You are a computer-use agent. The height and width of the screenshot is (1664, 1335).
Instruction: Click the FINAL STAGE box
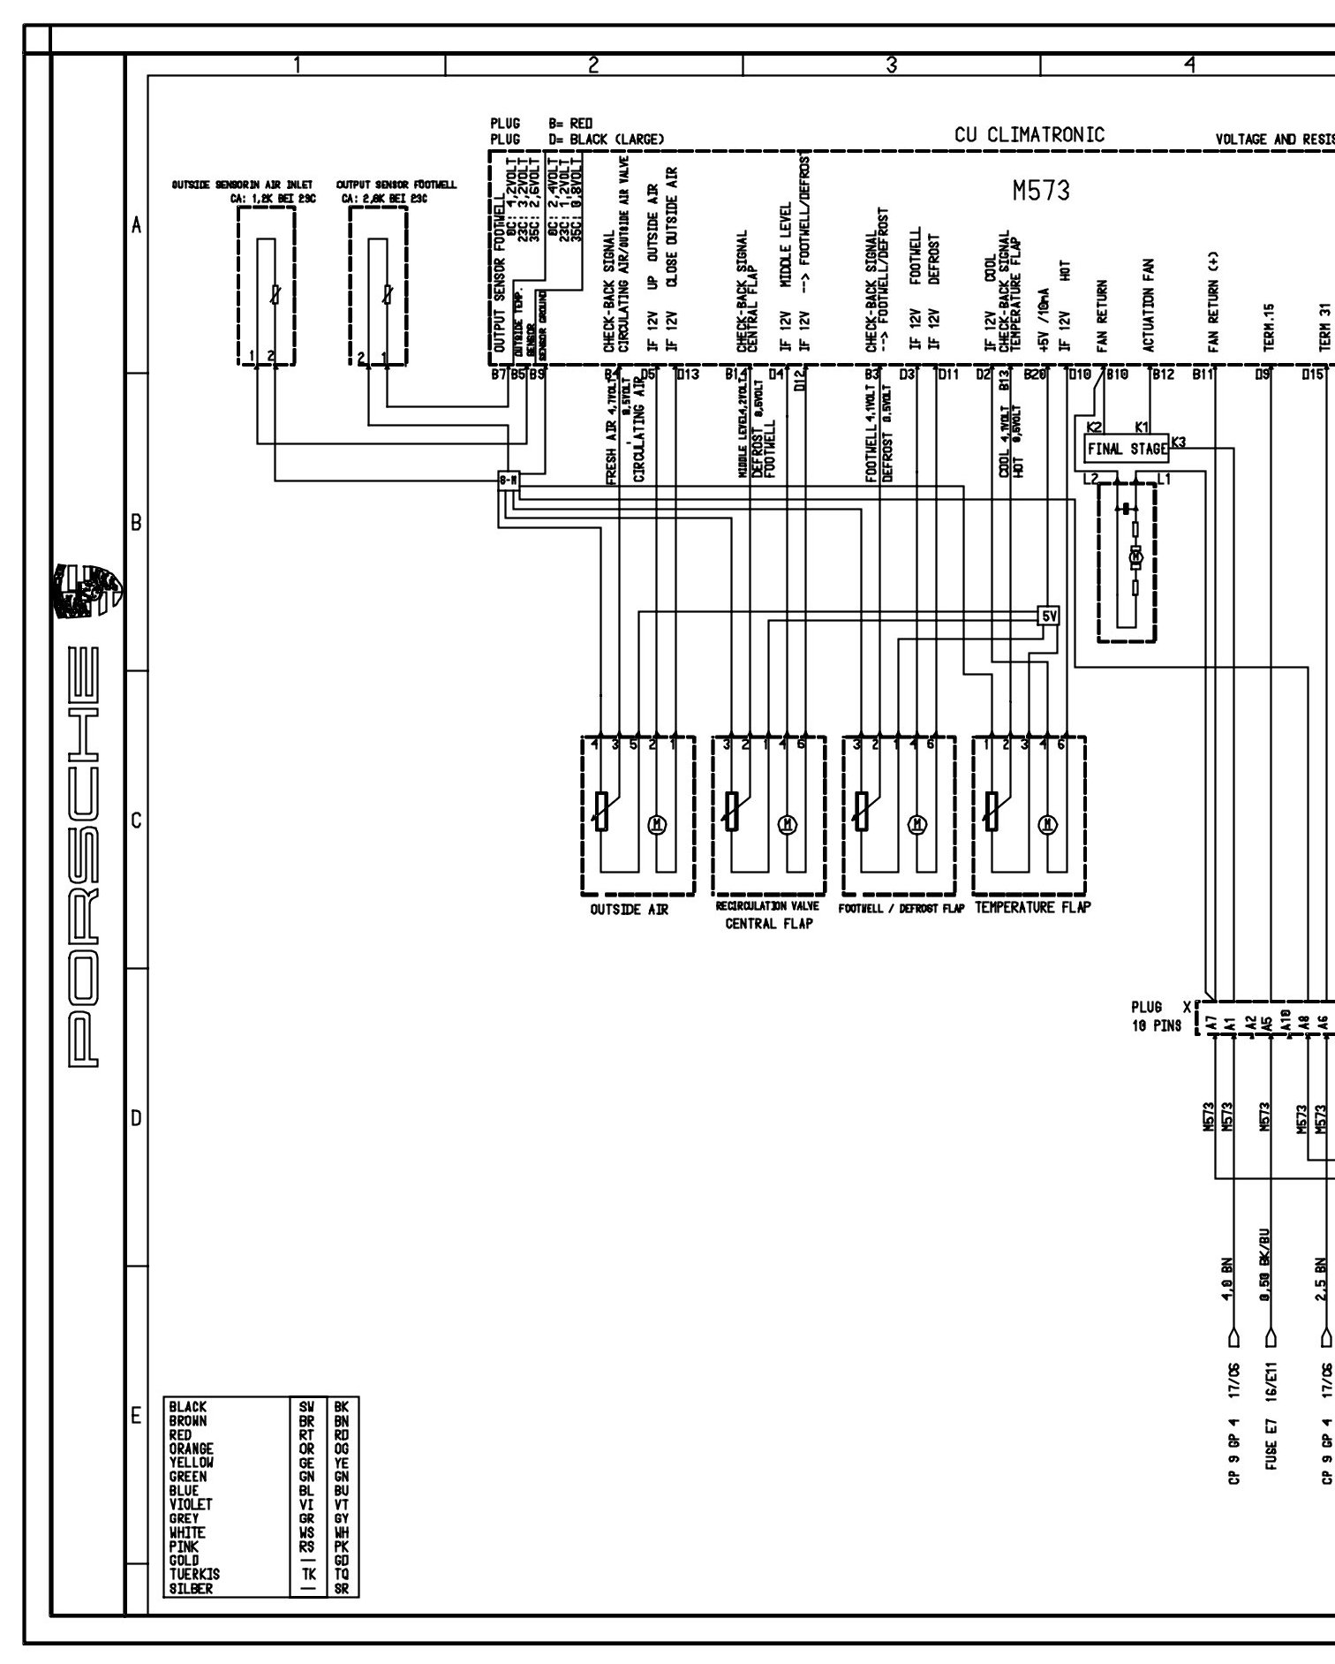click(x=1126, y=449)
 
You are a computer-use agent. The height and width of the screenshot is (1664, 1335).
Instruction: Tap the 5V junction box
click(x=1048, y=616)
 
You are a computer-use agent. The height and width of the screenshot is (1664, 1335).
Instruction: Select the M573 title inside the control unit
click(x=1041, y=191)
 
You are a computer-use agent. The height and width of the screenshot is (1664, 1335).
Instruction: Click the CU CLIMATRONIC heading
click(x=1029, y=135)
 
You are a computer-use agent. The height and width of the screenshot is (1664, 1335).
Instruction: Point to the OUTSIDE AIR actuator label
click(x=629, y=910)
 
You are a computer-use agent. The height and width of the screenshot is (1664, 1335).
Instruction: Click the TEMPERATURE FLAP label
click(x=1032, y=907)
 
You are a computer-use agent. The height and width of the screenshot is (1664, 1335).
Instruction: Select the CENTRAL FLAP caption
click(x=768, y=924)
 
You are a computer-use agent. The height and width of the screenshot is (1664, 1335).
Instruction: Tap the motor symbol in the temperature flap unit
click(x=1048, y=824)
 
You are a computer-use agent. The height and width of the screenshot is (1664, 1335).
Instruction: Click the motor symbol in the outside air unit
click(x=657, y=824)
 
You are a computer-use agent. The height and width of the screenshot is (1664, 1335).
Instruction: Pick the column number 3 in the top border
click(x=892, y=64)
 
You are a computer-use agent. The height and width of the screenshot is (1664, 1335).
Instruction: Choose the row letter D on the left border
click(x=136, y=1118)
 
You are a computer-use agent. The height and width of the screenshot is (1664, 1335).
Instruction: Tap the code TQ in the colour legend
click(x=342, y=1574)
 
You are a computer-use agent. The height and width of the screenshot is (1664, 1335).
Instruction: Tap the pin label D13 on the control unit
click(x=687, y=375)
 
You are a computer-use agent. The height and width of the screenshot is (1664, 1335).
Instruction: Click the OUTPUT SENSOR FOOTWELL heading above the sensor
click(x=396, y=185)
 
